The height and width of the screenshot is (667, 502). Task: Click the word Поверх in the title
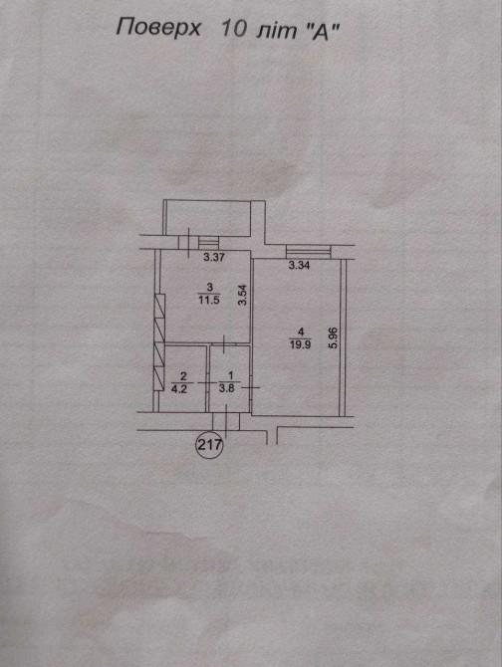click(158, 29)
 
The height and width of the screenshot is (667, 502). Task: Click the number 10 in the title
click(233, 29)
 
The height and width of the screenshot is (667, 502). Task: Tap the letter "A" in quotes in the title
click(320, 32)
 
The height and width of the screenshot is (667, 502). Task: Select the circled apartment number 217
click(209, 445)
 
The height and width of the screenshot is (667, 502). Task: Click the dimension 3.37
click(213, 257)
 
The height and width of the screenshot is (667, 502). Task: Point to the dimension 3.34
click(299, 266)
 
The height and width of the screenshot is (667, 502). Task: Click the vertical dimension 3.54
click(242, 296)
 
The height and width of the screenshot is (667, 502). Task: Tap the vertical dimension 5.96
click(333, 337)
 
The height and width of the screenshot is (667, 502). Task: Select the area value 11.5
click(208, 299)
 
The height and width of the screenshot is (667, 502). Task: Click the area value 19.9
click(300, 344)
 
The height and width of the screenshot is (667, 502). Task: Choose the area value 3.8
click(226, 388)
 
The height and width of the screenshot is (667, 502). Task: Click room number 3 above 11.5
click(209, 287)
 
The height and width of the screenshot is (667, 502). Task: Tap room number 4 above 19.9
click(301, 332)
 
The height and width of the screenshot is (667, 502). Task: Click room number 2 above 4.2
click(183, 376)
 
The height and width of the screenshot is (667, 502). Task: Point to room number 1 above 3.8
click(230, 375)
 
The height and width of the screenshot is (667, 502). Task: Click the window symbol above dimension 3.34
click(309, 252)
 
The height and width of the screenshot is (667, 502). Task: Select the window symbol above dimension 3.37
click(208, 243)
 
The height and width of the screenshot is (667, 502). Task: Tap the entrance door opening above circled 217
click(226, 421)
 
